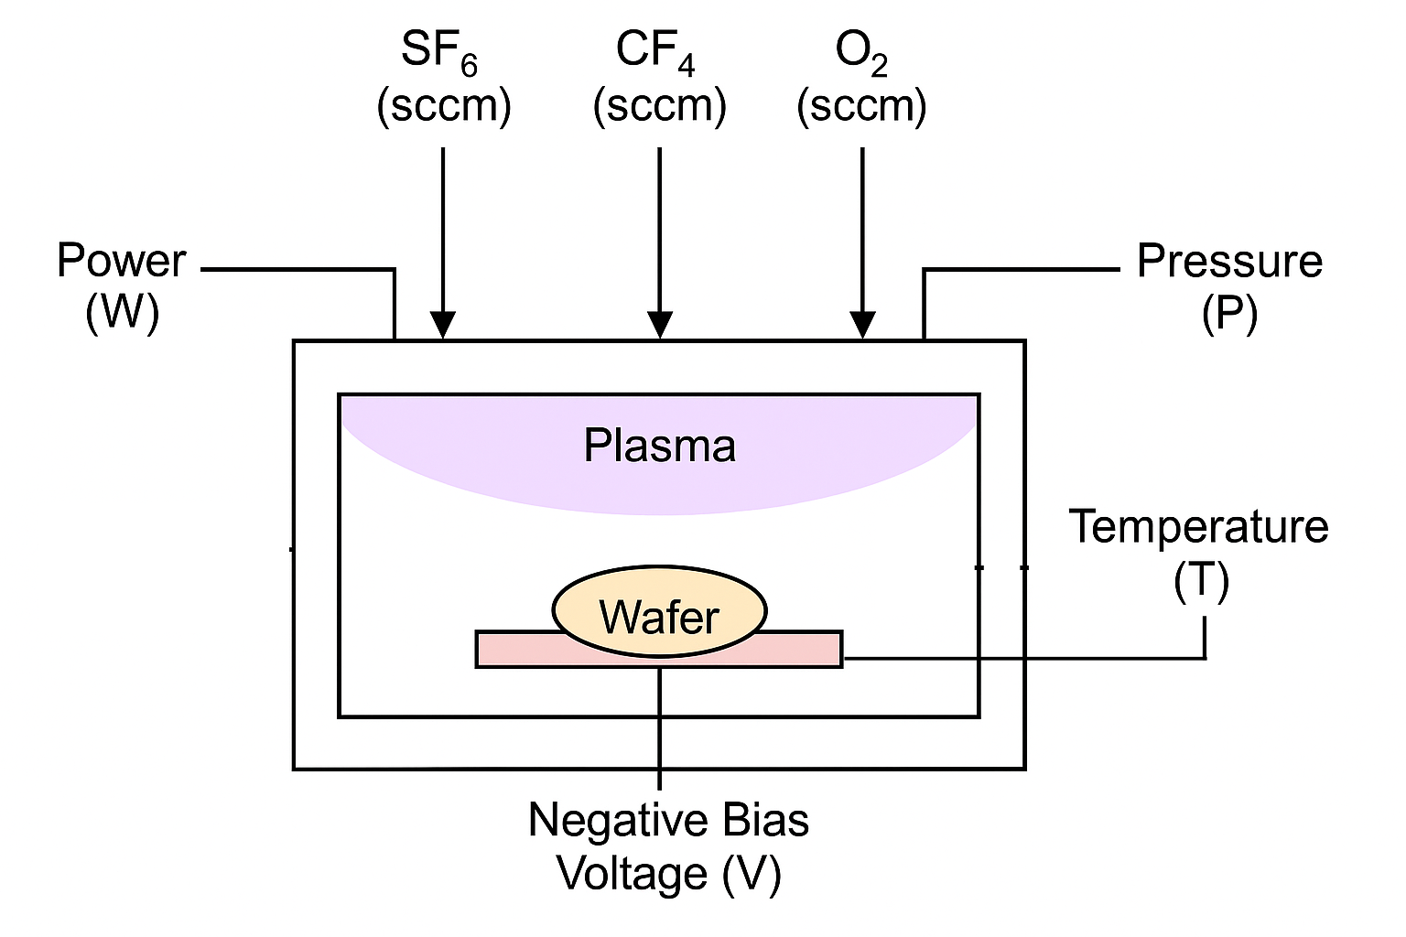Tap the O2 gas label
pos(861,50)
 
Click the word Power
pos(121,261)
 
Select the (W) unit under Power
pos(122,313)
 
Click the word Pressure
pos(1229,261)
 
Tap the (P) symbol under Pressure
pos(1229,313)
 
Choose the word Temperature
pos(1198,527)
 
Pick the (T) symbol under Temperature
pos(1201,580)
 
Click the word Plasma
pos(659,447)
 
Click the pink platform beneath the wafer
pos(796,649)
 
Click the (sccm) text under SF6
pos(443,106)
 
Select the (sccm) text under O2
pos(861,106)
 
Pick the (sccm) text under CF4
pos(659,106)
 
